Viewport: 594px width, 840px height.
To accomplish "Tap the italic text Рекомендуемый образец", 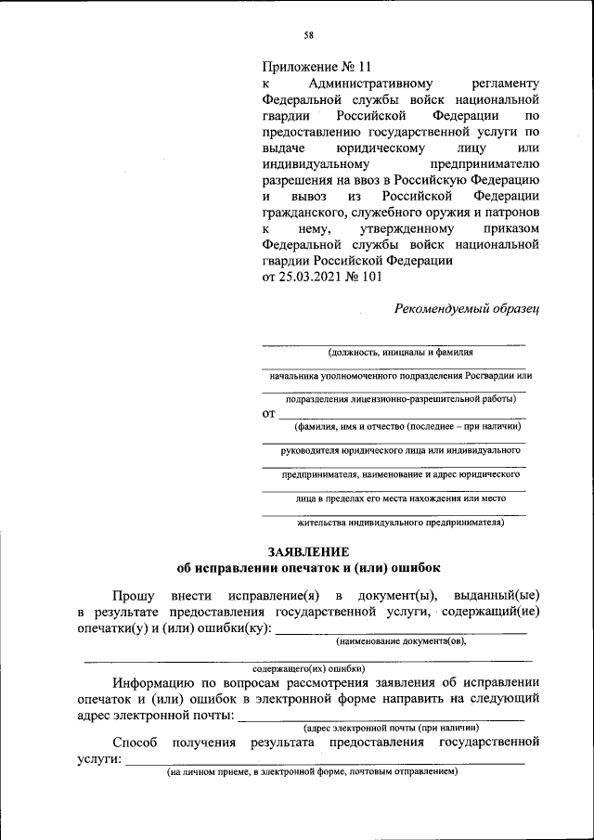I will (x=467, y=308).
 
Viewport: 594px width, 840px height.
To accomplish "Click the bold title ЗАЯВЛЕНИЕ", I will (x=308, y=550).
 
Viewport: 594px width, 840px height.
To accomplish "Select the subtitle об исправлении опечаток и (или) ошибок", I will (x=308, y=567).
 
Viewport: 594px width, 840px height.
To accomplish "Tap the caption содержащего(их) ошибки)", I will (x=308, y=667).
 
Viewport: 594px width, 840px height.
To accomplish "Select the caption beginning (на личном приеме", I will (x=313, y=771).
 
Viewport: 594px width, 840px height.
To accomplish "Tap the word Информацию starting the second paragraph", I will (x=158, y=682).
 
